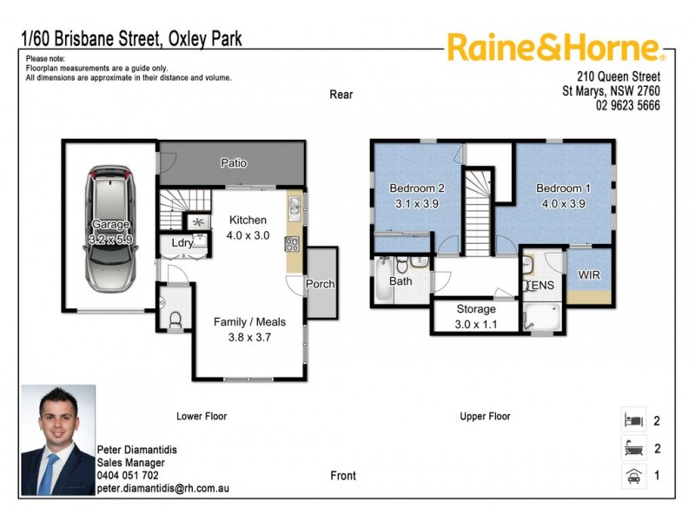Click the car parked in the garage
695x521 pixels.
[111, 228]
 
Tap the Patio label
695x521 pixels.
[233, 162]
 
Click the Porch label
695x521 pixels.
[320, 284]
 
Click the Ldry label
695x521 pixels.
[182, 243]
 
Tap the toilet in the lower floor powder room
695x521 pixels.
[175, 320]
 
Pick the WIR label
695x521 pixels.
[589, 275]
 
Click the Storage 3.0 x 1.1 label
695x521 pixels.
[476, 316]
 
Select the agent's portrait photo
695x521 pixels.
[57, 440]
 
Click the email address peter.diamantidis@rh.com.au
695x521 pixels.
[163, 489]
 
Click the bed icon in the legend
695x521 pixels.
[633, 421]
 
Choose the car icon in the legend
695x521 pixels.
[633, 476]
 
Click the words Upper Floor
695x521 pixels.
[485, 417]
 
